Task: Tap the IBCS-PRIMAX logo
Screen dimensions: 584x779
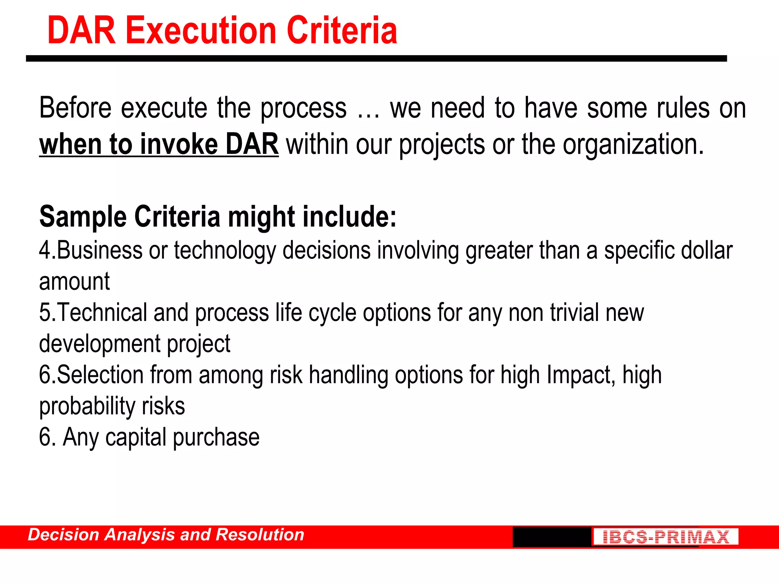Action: tap(665, 537)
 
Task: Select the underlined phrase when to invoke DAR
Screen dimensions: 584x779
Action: tap(159, 144)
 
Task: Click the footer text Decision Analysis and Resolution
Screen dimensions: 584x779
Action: tap(166, 535)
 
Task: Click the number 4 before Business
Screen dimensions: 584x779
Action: tap(45, 251)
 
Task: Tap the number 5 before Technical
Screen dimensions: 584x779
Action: tap(45, 313)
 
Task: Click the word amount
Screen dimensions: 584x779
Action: tap(75, 282)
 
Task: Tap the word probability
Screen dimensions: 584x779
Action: tap(87, 406)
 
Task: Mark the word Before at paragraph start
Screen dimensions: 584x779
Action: tap(75, 108)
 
